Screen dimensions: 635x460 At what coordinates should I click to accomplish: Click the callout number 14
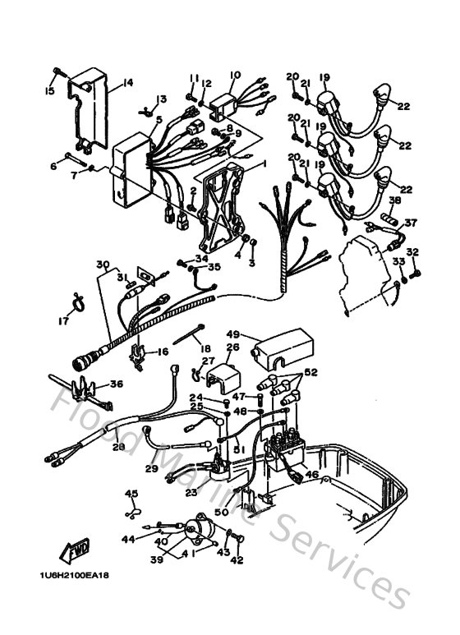128,81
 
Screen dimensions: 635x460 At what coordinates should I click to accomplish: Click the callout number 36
116,383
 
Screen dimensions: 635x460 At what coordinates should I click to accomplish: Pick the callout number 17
63,321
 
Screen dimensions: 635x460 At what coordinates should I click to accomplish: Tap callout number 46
311,474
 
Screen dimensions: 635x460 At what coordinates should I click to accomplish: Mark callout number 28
120,446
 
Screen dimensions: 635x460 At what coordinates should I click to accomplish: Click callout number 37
410,222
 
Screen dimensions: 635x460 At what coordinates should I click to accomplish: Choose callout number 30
102,265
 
